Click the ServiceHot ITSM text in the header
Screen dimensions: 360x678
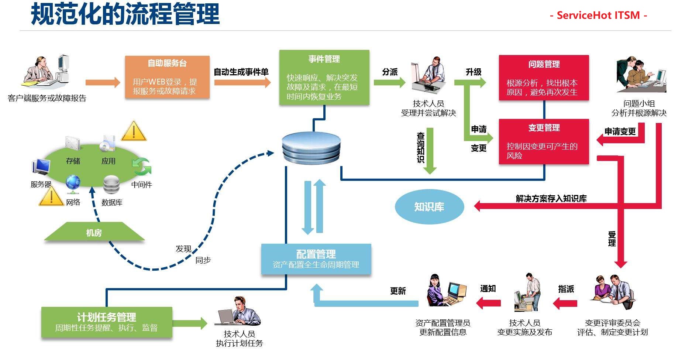click(598, 15)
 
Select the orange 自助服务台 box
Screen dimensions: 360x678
click(167, 77)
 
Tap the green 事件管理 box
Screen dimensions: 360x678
click(324, 78)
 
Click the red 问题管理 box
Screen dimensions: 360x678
click(544, 78)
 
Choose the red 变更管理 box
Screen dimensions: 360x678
click(544, 141)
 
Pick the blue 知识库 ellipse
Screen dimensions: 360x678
click(429, 207)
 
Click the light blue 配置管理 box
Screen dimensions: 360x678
click(316, 259)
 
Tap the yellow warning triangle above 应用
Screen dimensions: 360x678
click(134, 131)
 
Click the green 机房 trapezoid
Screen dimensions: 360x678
click(94, 232)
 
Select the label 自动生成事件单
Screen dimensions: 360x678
click(241, 72)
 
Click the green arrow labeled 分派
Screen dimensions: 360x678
click(389, 82)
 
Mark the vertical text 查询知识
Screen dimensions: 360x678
click(421, 148)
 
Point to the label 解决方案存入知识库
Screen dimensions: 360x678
click(551, 199)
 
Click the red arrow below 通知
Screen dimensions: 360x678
click(488, 303)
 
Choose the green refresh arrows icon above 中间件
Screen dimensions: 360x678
click(141, 167)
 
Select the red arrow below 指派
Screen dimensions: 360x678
click(565, 304)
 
